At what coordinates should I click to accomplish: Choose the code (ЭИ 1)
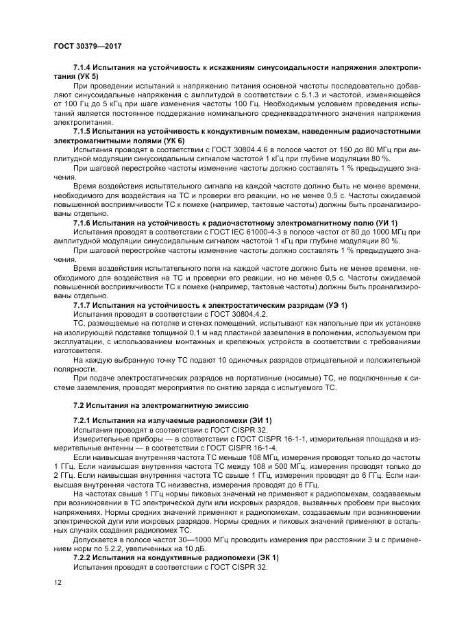(256, 419)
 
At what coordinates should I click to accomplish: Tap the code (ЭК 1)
(262, 559)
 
